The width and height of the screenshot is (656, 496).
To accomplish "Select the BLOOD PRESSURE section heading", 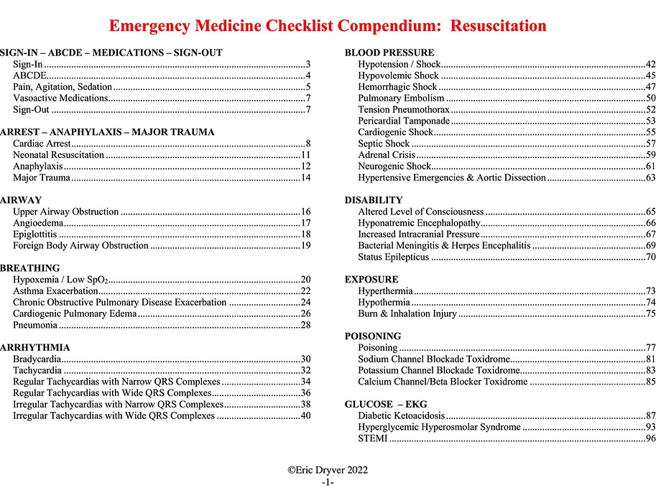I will coord(389,53).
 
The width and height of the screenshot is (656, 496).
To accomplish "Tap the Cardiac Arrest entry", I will coord(42,144).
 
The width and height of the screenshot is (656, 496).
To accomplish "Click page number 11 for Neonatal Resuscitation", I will coord(305,155).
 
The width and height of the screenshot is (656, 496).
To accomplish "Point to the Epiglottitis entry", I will coord(35,234).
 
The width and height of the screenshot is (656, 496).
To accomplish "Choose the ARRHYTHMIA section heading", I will coord(35,347).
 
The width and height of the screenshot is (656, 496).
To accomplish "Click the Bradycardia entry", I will coord(37,359).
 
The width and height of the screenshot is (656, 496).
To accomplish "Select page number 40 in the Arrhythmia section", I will coord(305,415).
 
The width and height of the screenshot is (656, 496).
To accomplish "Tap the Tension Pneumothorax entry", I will coord(404,110).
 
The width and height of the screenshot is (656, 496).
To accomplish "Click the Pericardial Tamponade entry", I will coord(404,121).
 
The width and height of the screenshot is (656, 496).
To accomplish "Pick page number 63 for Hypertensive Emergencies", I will coord(650,178).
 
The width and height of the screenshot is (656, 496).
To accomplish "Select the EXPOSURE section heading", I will coord(371,280).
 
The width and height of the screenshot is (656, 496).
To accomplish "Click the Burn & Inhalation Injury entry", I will coord(407,313).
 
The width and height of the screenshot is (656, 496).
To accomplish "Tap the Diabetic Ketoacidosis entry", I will coord(402,416).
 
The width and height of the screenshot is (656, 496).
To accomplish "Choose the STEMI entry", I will coord(372,438).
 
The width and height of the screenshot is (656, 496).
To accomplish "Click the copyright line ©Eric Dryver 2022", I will coord(327,470).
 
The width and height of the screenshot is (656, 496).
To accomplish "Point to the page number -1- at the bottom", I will coord(328,482).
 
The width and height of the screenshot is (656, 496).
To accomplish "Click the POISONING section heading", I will coord(372,336).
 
